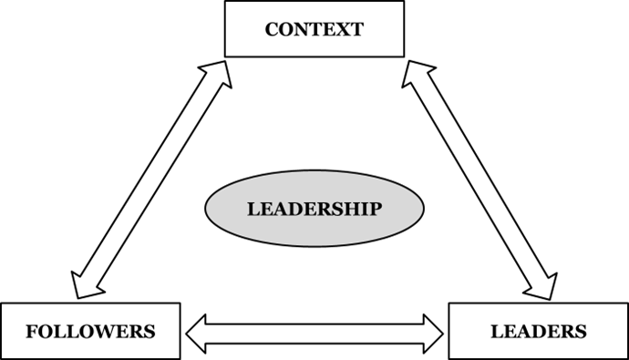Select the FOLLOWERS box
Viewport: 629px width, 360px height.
(x=90, y=330)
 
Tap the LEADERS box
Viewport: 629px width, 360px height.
(x=538, y=330)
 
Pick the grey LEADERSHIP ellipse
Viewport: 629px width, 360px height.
(x=314, y=209)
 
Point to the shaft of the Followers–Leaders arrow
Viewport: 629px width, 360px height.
(x=314, y=334)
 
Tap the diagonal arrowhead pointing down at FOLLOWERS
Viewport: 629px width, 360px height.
(x=84, y=284)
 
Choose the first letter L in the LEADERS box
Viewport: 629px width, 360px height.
(x=497, y=331)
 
